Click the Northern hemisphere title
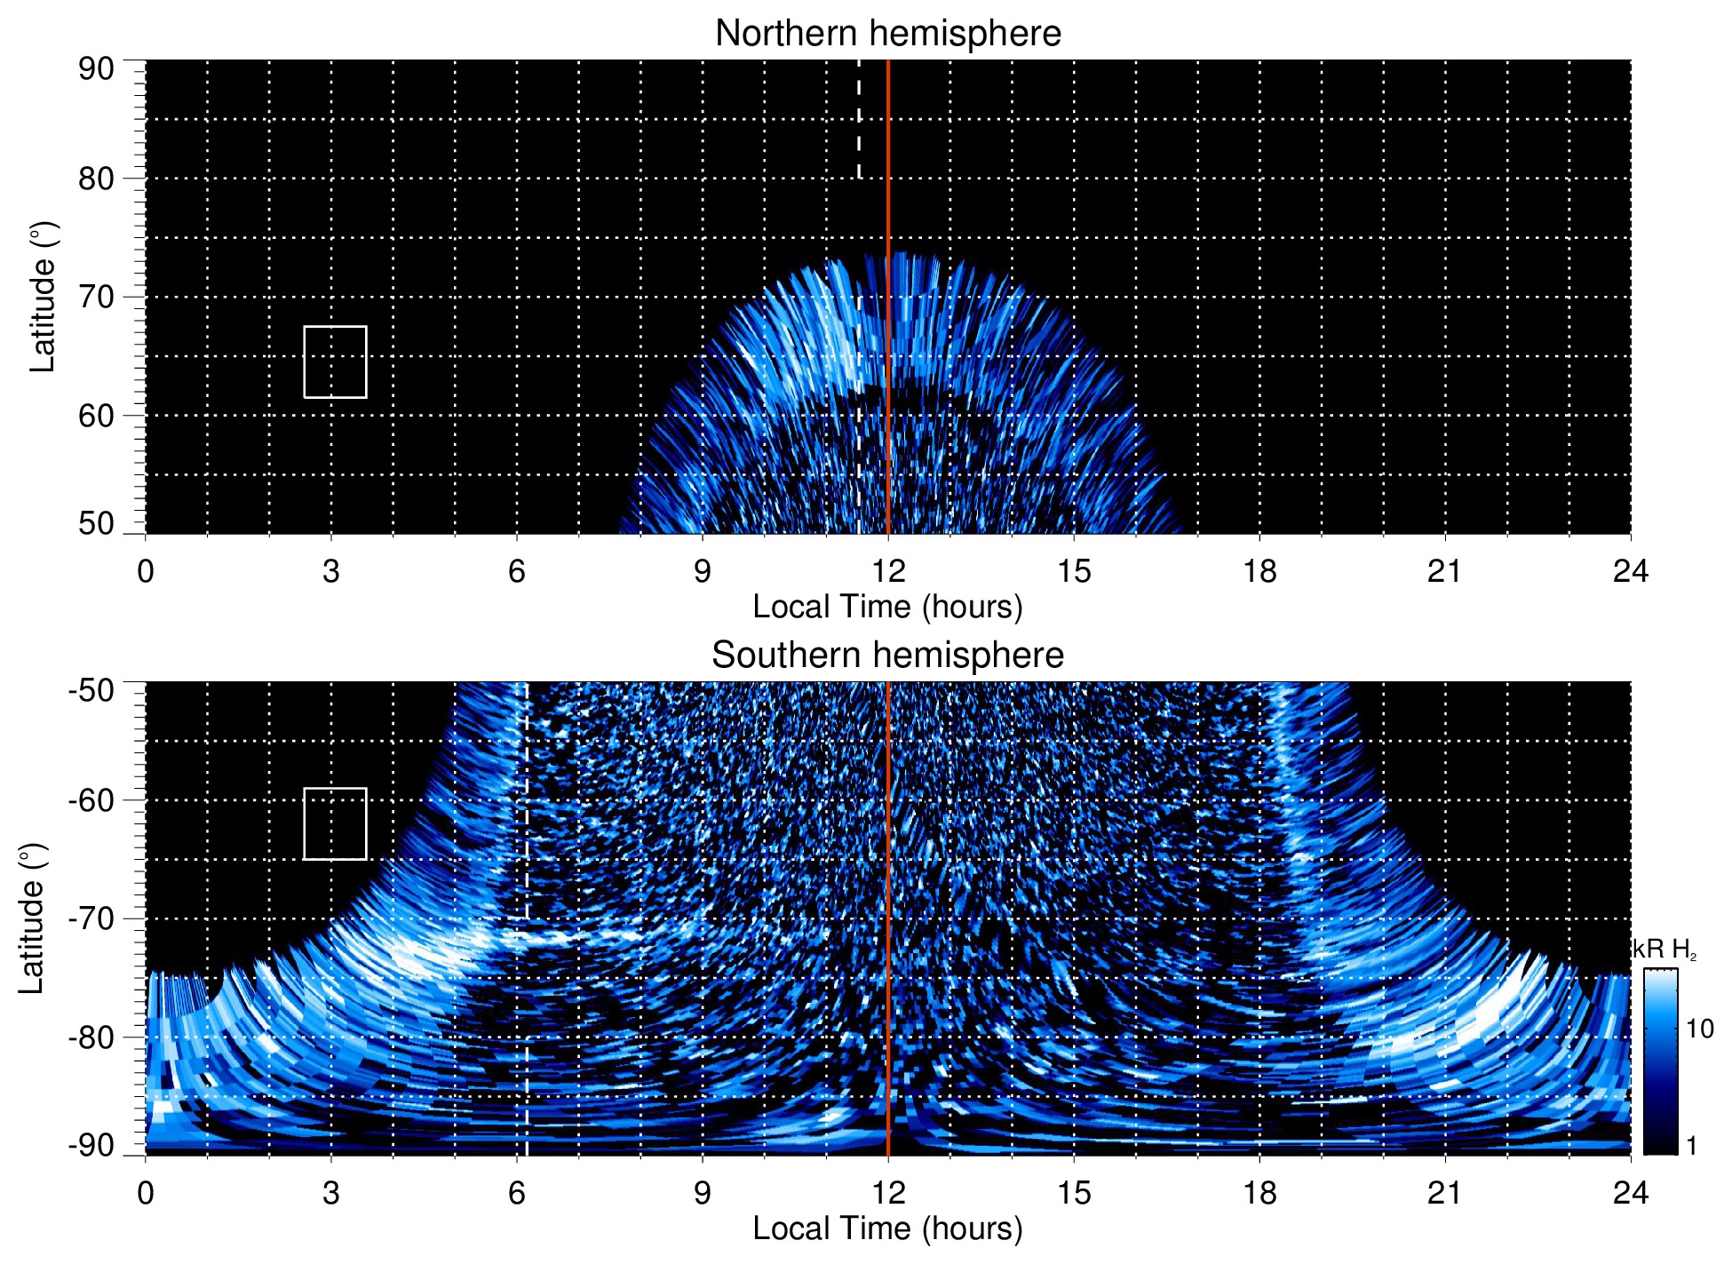[x=887, y=34]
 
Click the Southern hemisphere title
[x=887, y=656]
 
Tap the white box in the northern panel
[x=335, y=362]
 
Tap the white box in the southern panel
[x=335, y=823]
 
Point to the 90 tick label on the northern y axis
[x=96, y=69]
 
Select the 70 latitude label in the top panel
[x=96, y=298]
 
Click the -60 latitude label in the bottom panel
[x=91, y=800]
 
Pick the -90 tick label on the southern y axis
[x=91, y=1146]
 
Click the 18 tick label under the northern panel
[x=1259, y=571]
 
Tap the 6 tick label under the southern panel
[x=517, y=1193]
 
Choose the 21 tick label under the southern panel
[x=1445, y=1193]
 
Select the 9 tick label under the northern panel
[x=703, y=571]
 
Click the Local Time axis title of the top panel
[x=887, y=608]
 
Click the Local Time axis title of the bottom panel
[x=887, y=1229]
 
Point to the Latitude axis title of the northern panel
[x=43, y=298]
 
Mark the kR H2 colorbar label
[x=1664, y=950]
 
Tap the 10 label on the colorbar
[x=1699, y=1029]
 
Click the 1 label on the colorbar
[x=1691, y=1146]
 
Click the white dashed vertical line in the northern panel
[x=859, y=120]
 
